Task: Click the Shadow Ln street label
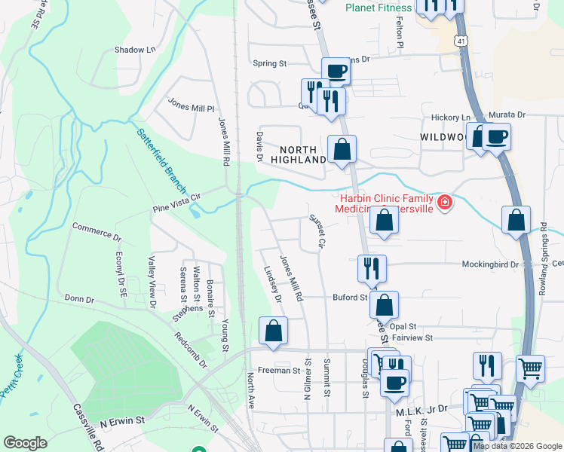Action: tap(134, 50)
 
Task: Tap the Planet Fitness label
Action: tap(379, 8)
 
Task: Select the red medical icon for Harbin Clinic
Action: tap(445, 203)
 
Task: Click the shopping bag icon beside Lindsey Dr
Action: tap(273, 331)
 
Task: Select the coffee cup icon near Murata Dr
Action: tap(497, 138)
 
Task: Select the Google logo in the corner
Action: tap(25, 443)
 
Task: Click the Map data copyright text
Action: tap(516, 446)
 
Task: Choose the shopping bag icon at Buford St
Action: tap(384, 306)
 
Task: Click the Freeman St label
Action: tap(280, 370)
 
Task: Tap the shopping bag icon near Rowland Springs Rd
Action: tap(516, 221)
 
